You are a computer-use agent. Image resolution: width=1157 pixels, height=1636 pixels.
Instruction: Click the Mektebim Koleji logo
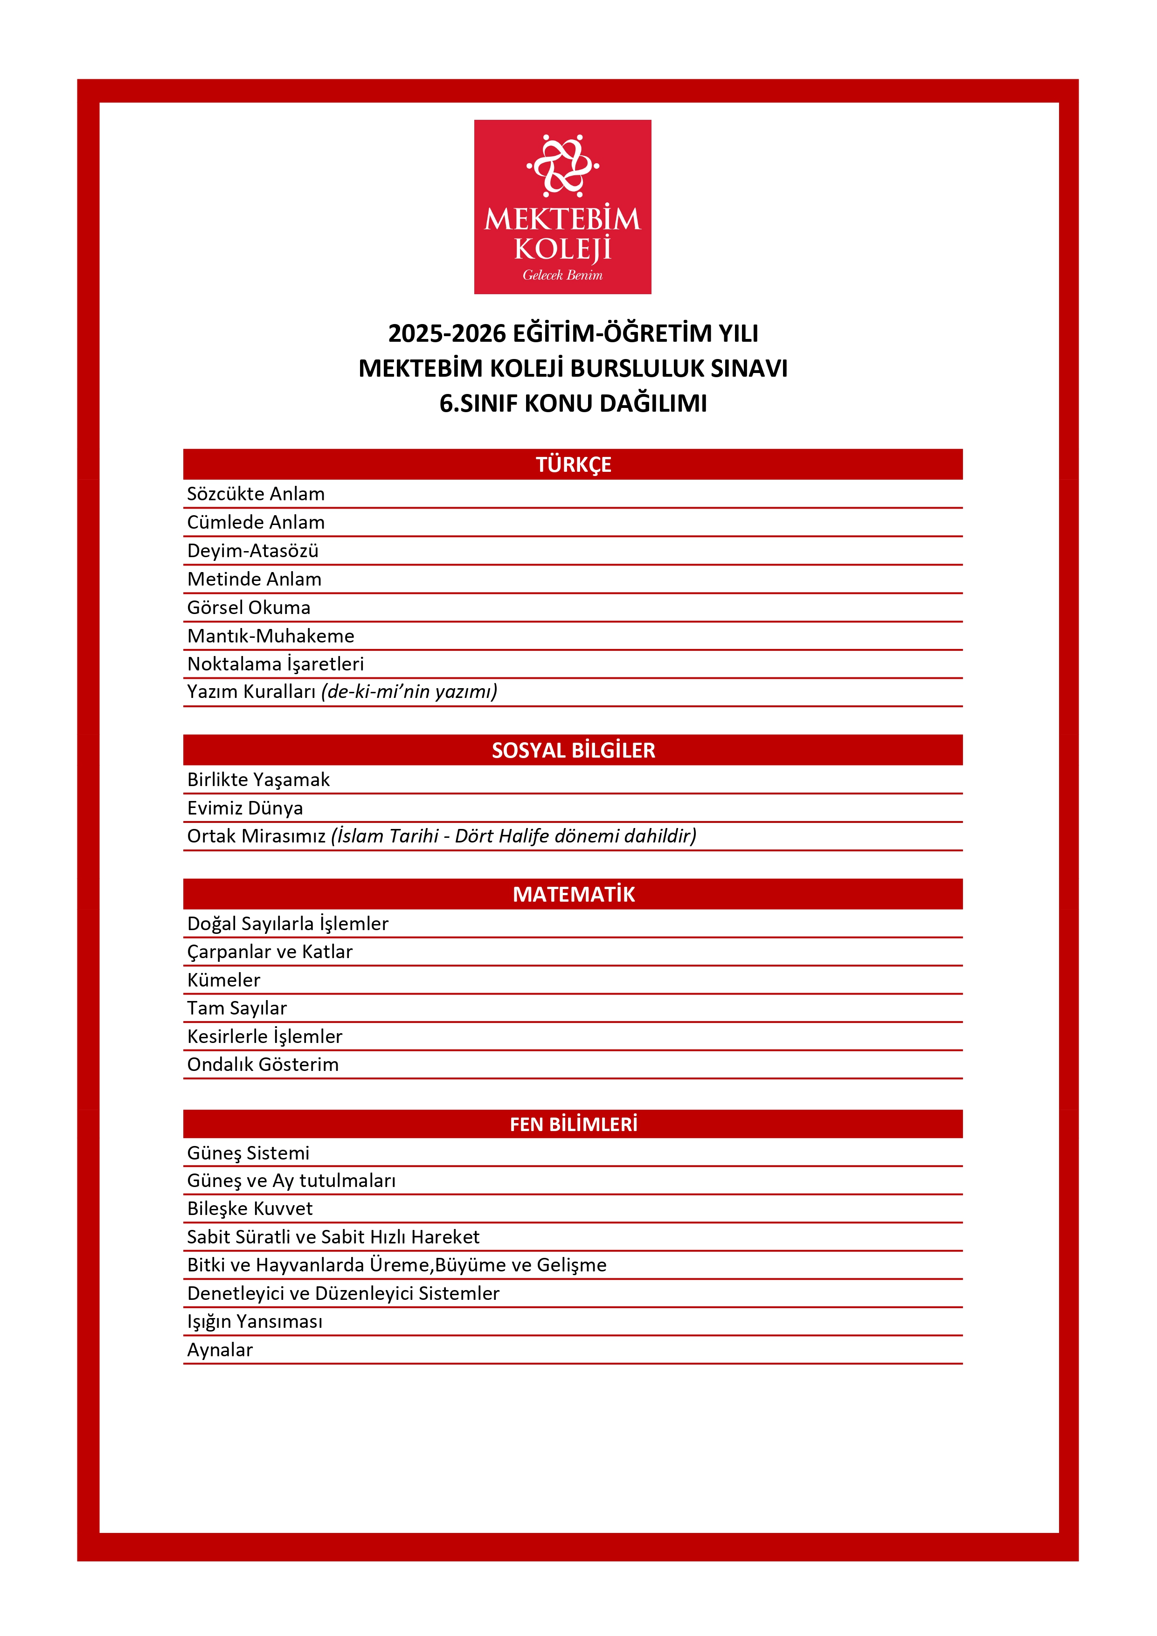pos(562,206)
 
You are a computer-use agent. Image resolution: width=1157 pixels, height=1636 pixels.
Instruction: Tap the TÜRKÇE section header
pos(573,464)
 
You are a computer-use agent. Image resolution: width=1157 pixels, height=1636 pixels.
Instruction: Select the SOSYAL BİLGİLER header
pos(573,750)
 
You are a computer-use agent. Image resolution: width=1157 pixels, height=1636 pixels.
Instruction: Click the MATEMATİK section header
pos(573,894)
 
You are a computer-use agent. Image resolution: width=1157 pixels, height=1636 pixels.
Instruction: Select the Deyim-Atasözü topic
pos(252,551)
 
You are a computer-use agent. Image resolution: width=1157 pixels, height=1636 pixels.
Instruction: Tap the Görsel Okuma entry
pos(248,608)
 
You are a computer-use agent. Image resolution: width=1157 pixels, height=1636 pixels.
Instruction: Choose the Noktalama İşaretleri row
pos(275,664)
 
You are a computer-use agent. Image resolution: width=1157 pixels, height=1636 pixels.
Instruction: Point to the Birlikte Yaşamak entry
pos(258,780)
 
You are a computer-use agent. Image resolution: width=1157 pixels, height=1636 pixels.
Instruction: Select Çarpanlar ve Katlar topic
pos(270,952)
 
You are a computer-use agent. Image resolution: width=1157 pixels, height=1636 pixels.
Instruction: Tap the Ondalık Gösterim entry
pos(263,1064)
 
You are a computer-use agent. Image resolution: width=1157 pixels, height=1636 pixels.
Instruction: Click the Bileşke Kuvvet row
pos(249,1208)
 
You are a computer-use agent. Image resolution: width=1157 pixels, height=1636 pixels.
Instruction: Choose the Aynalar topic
pos(220,1350)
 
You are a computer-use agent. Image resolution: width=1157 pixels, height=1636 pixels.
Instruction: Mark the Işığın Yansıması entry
pos(255,1322)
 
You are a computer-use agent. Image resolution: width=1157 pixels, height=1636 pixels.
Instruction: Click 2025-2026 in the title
pos(446,333)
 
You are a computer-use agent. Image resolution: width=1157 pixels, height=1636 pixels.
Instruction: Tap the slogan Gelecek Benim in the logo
pos(562,275)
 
